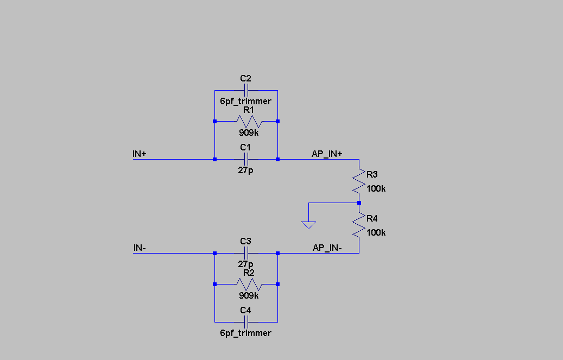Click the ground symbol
308,224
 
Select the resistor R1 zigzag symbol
249,121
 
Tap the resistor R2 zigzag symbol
249,284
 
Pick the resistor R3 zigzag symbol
358,181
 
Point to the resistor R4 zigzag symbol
358,225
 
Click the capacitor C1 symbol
246,159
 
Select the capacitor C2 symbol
246,90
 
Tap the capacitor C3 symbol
246,253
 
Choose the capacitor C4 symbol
246,322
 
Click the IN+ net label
140,154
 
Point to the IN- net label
140,248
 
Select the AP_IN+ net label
327,154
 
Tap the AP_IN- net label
327,248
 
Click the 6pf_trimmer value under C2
245,102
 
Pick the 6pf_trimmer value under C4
245,333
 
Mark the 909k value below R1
249,132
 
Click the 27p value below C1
246,170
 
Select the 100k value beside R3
376,188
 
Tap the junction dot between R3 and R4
359,203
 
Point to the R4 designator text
372,218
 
